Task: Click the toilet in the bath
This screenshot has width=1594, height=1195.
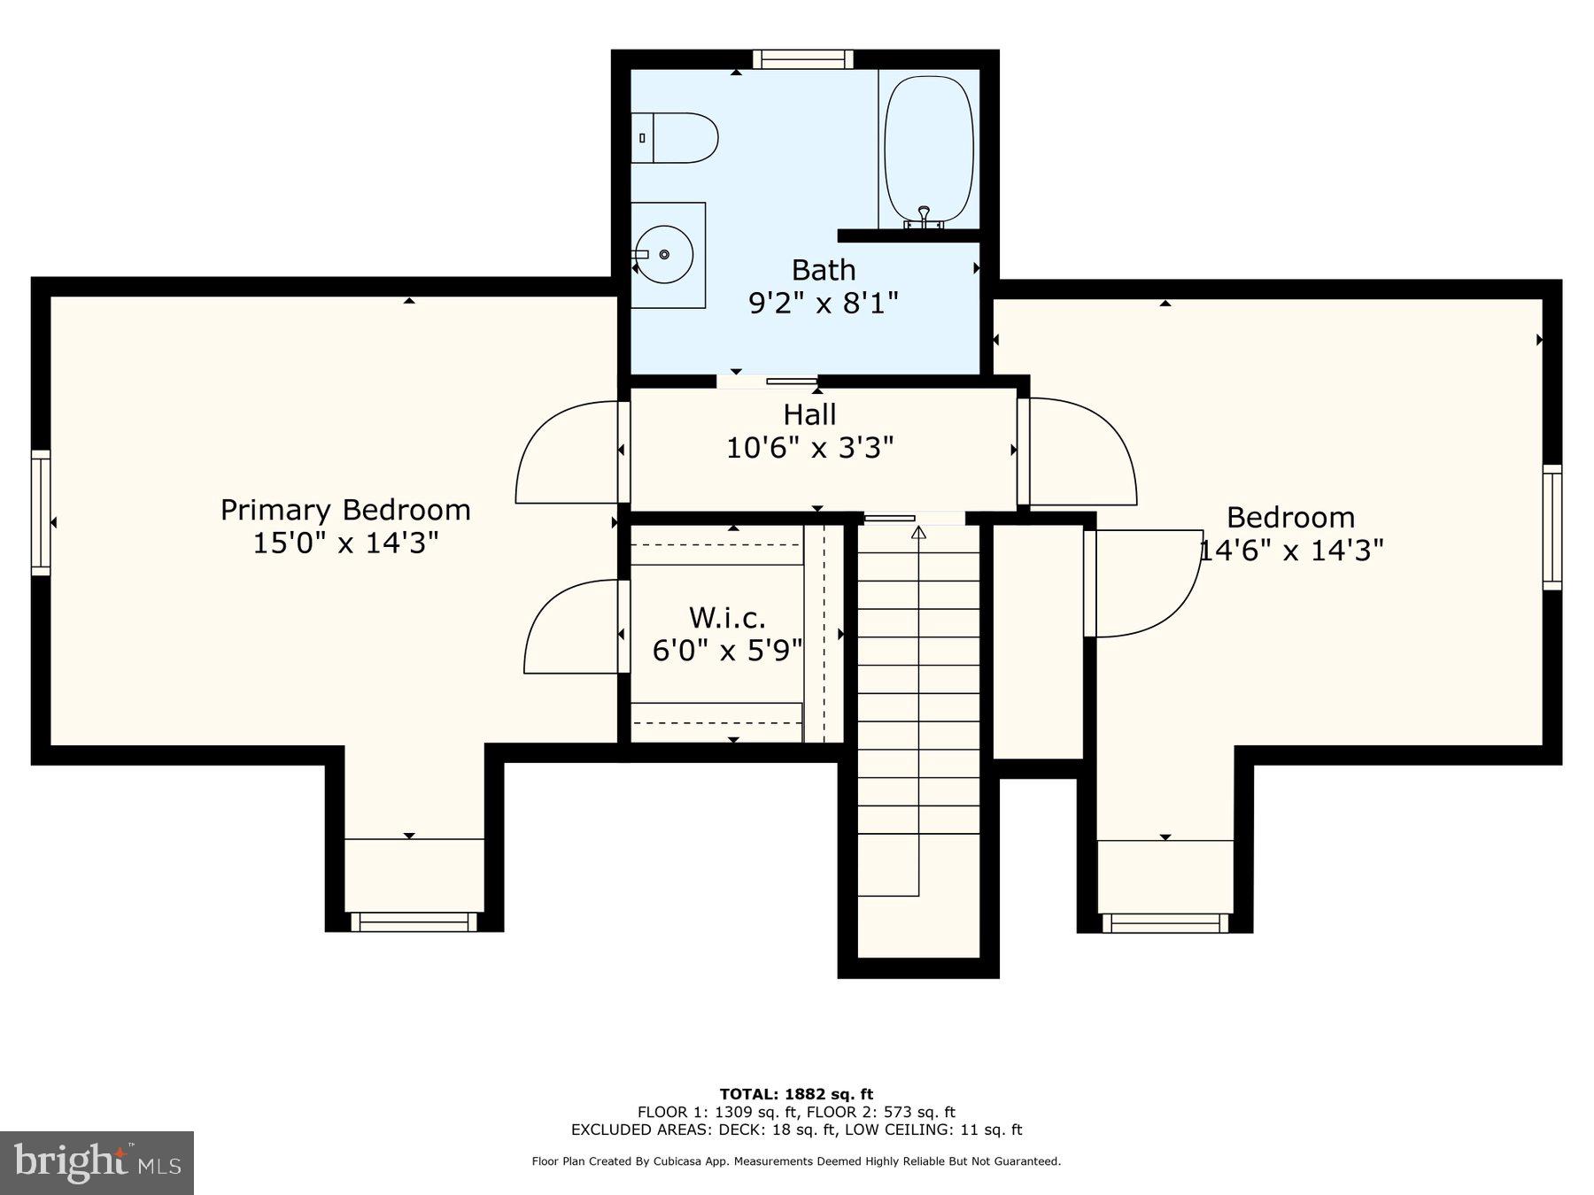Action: pos(674,138)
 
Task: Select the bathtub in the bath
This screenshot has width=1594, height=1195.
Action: pos(930,149)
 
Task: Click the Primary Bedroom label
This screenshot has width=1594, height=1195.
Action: pos(345,510)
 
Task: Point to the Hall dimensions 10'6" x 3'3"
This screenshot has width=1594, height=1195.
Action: pos(810,448)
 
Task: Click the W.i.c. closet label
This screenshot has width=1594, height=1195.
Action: pos(727,617)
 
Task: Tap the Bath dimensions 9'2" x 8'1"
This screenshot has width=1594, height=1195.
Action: pos(824,304)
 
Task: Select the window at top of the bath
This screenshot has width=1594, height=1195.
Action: pos(803,59)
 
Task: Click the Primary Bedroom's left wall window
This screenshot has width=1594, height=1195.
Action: pos(41,513)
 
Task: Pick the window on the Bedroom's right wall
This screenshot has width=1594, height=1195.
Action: pos(1552,527)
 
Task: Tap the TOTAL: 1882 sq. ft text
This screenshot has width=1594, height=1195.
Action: pos(796,1094)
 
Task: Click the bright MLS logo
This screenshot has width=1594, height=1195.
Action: pos(97,1162)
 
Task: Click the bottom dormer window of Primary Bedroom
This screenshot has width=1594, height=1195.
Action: pos(414,922)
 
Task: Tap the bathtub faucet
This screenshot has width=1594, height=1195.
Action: pos(924,217)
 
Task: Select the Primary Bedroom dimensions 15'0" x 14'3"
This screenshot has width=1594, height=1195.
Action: pos(345,543)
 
